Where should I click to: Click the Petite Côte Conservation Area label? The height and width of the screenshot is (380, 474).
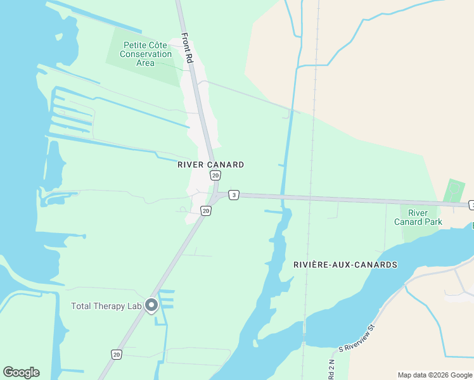[145, 54]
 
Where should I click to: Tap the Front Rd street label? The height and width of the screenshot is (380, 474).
[187, 48]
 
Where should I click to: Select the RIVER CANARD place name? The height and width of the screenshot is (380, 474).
[211, 165]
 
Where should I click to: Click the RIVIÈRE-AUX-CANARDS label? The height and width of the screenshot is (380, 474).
[345, 264]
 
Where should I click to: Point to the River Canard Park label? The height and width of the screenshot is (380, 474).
[418, 217]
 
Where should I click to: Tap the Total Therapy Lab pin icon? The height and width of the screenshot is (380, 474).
[151, 306]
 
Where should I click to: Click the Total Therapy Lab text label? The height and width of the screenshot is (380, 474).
[106, 307]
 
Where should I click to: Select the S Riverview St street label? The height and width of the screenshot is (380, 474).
[357, 346]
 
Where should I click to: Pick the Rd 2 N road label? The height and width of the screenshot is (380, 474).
[331, 369]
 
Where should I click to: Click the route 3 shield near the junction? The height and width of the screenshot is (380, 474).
[234, 195]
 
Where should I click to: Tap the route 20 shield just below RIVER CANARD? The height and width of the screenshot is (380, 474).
[215, 175]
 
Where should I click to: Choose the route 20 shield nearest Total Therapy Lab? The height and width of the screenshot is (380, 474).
[117, 355]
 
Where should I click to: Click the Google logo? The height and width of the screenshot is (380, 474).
[21, 372]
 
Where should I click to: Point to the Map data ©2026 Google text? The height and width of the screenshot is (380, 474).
[435, 375]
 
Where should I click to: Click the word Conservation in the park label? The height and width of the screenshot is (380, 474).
[145, 54]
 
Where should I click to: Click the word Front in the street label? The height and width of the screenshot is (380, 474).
[185, 40]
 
